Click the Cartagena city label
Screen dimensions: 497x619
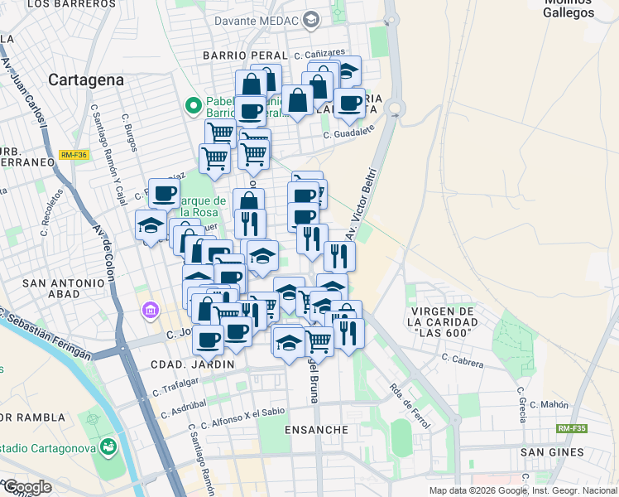point(86,80)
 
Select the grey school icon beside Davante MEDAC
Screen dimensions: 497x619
point(311,19)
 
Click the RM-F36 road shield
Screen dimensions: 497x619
point(74,155)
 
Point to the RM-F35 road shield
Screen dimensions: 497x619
point(571,428)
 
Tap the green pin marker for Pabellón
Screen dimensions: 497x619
point(194,106)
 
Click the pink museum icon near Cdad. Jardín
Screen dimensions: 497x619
point(150,311)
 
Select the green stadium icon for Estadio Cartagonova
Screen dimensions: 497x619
point(108,448)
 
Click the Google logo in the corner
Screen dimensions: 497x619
point(26,486)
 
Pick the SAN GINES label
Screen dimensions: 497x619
point(552,452)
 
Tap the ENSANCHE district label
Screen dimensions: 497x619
point(316,430)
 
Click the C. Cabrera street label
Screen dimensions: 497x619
point(468,359)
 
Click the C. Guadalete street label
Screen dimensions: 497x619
point(349,131)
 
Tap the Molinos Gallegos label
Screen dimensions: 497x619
point(569,8)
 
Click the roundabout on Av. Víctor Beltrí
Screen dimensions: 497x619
point(394,107)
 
